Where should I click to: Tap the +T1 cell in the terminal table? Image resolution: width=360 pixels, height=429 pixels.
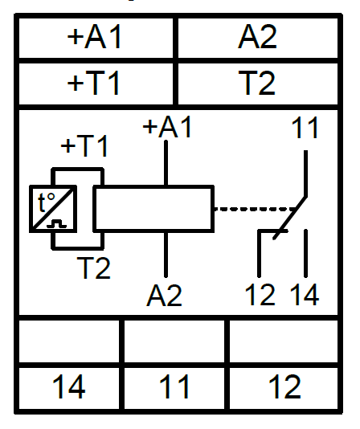pos(96,84)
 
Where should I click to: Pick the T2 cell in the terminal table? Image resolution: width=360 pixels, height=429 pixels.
pos(258,84)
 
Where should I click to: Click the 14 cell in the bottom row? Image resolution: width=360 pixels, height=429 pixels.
pos(69,386)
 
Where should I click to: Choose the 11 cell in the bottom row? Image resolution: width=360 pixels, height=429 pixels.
pos(174,386)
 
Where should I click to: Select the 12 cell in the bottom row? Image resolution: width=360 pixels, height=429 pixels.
pos(284,386)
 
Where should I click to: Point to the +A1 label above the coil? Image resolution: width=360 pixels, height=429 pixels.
pos(166,127)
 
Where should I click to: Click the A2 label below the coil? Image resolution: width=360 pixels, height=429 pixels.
pos(164,296)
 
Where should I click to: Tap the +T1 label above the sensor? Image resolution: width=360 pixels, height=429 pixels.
pos(84,146)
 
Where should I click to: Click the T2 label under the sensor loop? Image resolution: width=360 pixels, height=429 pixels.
pos(94,268)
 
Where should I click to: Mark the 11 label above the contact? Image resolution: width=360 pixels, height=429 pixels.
pos(305,128)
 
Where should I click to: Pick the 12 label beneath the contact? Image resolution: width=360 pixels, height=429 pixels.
pos(260,295)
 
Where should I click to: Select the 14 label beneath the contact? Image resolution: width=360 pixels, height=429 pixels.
pos(305,295)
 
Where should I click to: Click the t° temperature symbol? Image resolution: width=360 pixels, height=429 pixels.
pos(47,202)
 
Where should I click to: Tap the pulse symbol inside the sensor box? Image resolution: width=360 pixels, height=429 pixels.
pos(57,223)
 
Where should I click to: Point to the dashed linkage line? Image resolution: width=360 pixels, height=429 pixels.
pos(255,209)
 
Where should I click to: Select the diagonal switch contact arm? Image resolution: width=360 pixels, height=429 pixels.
pos(289,218)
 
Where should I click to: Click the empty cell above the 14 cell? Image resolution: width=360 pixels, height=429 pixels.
pos(69,342)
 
